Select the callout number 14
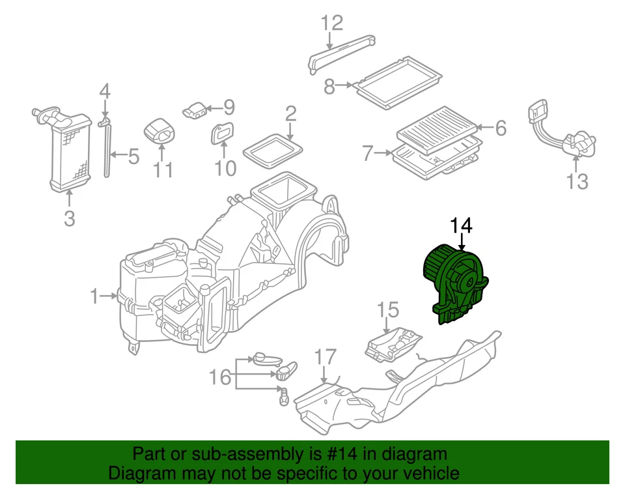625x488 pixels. coord(461,226)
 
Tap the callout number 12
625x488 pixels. coord(331,24)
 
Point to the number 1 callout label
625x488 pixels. coord(95,297)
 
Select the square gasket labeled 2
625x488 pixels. coord(273,149)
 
